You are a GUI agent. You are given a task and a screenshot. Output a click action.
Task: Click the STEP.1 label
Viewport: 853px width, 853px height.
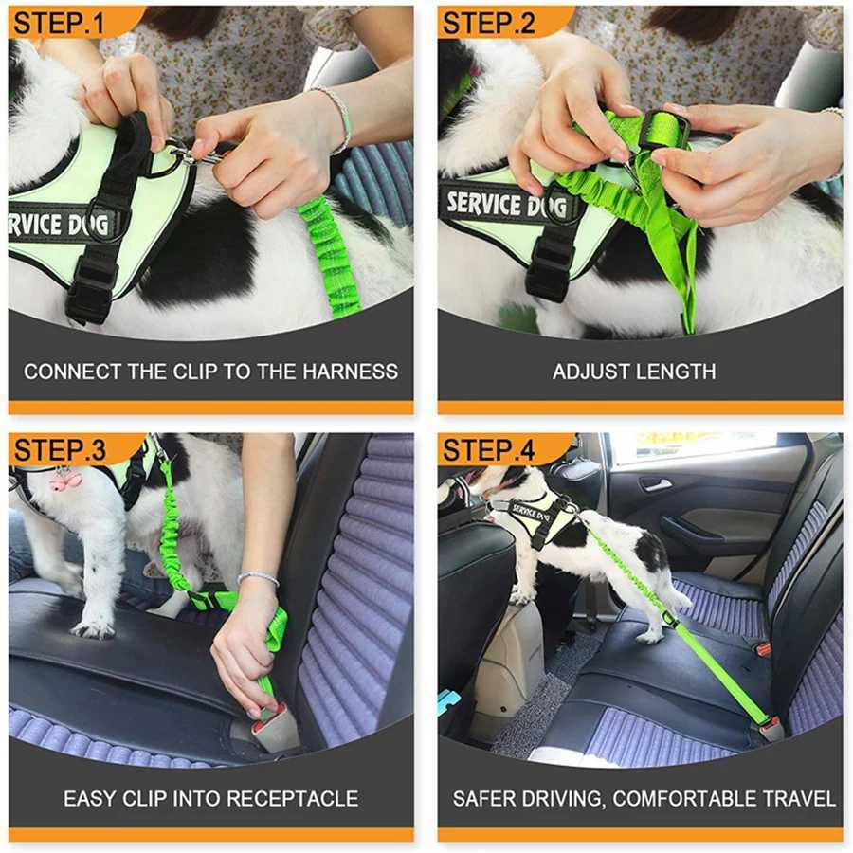[59, 23]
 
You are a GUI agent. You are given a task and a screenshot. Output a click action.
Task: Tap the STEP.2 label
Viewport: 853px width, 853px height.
[489, 23]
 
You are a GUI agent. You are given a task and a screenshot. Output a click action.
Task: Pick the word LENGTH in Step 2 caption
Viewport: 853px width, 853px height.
[677, 371]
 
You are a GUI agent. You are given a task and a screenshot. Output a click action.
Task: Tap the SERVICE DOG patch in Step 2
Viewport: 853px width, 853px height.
[507, 204]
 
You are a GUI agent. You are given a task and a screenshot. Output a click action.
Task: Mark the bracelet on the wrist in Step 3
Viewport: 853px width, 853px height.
[258, 577]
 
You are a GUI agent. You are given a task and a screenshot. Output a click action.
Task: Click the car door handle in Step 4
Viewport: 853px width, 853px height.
[655, 484]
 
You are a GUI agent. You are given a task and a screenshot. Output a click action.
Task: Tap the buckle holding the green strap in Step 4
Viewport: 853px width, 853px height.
[770, 727]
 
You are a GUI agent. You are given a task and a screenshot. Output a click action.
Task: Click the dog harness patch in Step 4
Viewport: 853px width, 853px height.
[531, 512]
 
